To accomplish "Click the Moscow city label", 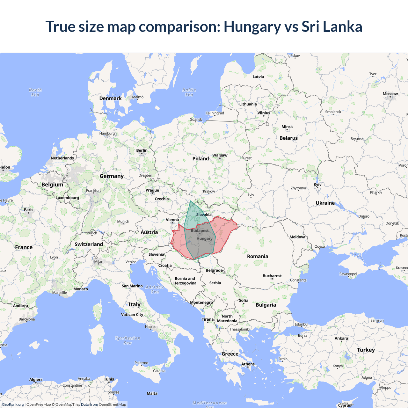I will tap(390, 94).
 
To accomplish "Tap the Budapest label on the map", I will tap(200, 230).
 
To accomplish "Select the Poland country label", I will tap(200, 158).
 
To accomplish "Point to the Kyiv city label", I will tap(317, 185).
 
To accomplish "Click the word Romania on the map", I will tap(258, 256).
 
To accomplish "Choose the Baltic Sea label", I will tap(189, 92).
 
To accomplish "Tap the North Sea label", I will tap(35, 92).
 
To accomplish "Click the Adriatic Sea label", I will tap(155, 289).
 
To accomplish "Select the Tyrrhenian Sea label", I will tap(127, 340).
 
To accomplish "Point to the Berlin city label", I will tap(142, 150).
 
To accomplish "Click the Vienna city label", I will tap(172, 220).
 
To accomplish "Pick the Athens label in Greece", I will tap(248, 364).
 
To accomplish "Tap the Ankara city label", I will tap(341, 338).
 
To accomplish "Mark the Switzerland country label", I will tap(89, 244).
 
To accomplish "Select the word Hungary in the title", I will tap(252, 26).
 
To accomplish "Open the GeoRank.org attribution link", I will tap(13, 404).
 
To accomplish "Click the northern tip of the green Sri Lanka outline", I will tap(190, 201).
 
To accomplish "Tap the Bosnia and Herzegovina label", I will tap(185, 281).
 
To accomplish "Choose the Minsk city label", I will tap(287, 127).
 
